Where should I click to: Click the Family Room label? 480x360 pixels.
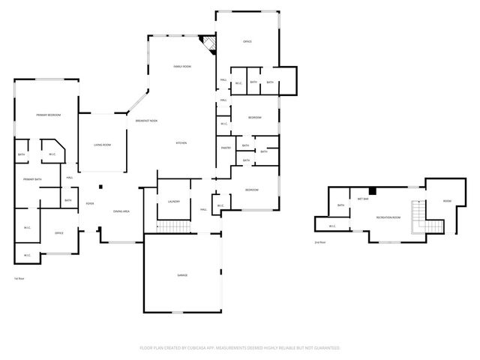coord(183,67)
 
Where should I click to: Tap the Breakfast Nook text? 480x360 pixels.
coord(146,121)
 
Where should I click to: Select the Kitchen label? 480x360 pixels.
coord(181,142)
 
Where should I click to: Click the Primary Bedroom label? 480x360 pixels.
coord(48,115)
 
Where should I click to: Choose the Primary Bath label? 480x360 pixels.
coord(32,179)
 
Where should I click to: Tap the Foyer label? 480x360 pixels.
coord(89,203)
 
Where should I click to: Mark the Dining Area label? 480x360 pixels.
coord(121,211)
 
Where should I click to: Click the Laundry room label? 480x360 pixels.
coord(173,202)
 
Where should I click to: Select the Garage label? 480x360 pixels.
coord(182,275)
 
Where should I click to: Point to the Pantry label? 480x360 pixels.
coord(226,148)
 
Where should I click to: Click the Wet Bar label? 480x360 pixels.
coord(362,199)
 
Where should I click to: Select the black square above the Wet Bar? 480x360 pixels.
coord(371,190)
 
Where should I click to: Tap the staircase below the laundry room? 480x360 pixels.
coord(173,226)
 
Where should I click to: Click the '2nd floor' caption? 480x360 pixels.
coord(320,243)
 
